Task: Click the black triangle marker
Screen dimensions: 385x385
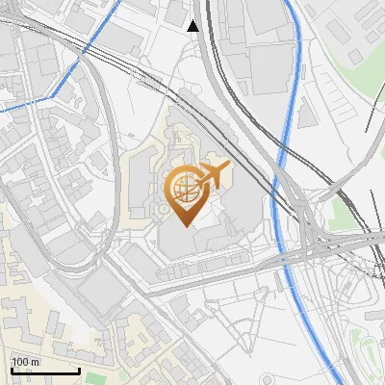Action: coord(193,26)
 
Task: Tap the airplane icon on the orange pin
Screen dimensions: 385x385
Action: coord(213,175)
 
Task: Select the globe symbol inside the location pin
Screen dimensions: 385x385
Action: coord(183,188)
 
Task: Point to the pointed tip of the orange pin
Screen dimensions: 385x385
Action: coord(183,225)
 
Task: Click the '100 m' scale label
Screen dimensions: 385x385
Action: coord(26,361)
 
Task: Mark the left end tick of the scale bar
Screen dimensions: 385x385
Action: coord(12,370)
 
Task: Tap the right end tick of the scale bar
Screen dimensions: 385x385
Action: coord(79,370)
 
